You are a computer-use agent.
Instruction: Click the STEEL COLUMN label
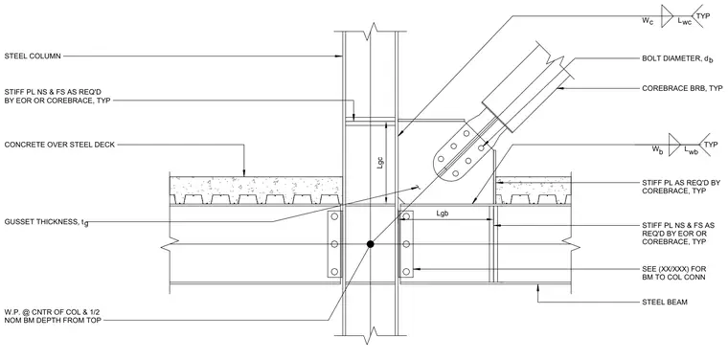pyautogui.click(x=33, y=56)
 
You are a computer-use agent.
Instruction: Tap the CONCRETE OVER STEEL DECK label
pyautogui.click(x=59, y=145)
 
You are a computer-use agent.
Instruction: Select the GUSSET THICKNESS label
pyautogui.click(x=46, y=222)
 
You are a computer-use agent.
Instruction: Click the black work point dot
pyautogui.click(x=370, y=244)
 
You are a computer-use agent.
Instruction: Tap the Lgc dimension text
pyautogui.click(x=380, y=163)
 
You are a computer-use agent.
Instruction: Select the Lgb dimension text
pyautogui.click(x=442, y=214)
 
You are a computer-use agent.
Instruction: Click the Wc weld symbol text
pyautogui.click(x=648, y=21)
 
